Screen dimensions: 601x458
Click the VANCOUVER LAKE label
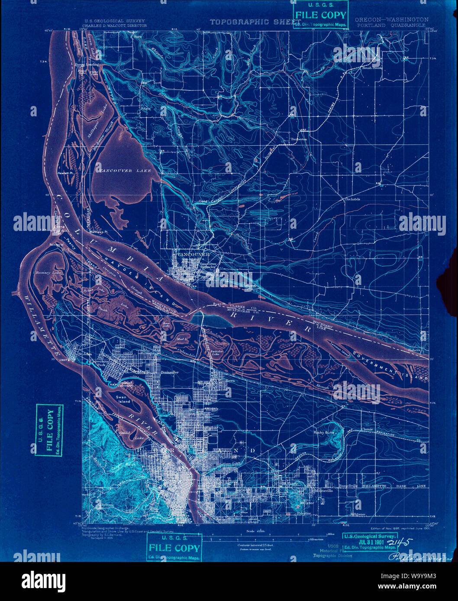click(125, 171)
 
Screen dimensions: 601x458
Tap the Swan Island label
click(123, 399)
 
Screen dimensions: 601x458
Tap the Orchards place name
click(352, 199)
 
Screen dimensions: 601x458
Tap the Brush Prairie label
click(372, 68)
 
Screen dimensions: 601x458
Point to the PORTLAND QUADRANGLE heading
click(391, 25)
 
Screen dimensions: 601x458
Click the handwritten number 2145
click(402, 542)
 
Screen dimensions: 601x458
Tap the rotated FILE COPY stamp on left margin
click(49, 430)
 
